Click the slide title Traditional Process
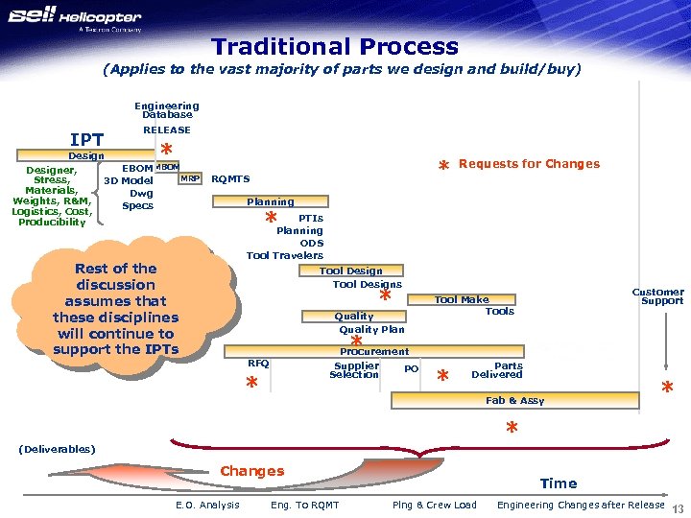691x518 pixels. click(335, 46)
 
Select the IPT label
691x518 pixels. click(86, 140)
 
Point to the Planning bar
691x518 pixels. click(271, 201)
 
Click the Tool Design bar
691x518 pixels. click(351, 271)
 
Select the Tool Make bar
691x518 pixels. click(462, 299)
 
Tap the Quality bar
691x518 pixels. click(354, 316)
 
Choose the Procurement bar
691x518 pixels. click(374, 351)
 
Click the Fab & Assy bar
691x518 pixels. click(514, 400)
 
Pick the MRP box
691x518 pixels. click(190, 178)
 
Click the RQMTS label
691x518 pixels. click(230, 178)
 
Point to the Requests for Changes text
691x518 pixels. click(529, 163)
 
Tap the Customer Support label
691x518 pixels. click(657, 296)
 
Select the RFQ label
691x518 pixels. click(258, 364)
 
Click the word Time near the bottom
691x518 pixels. click(558, 483)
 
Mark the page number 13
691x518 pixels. click(678, 508)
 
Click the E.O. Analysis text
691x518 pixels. click(207, 506)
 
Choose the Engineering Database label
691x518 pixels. click(167, 110)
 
